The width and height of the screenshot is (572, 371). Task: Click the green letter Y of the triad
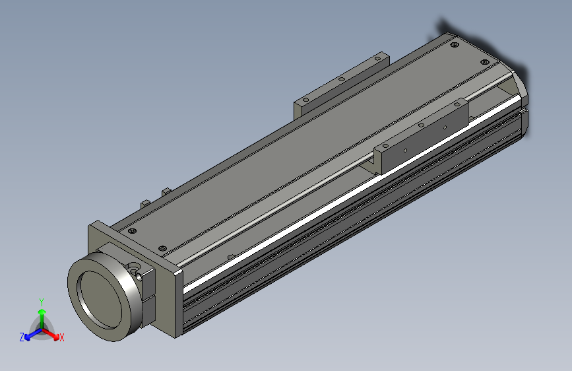42,301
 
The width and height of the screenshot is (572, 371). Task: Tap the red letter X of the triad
61,338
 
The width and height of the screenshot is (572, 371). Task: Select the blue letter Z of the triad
22,337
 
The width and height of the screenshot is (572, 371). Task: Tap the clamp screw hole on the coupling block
136,268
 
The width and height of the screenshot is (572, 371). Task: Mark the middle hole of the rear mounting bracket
342,79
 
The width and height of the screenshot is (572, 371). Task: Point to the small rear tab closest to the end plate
144,202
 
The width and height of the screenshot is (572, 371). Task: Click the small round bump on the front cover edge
230,255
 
